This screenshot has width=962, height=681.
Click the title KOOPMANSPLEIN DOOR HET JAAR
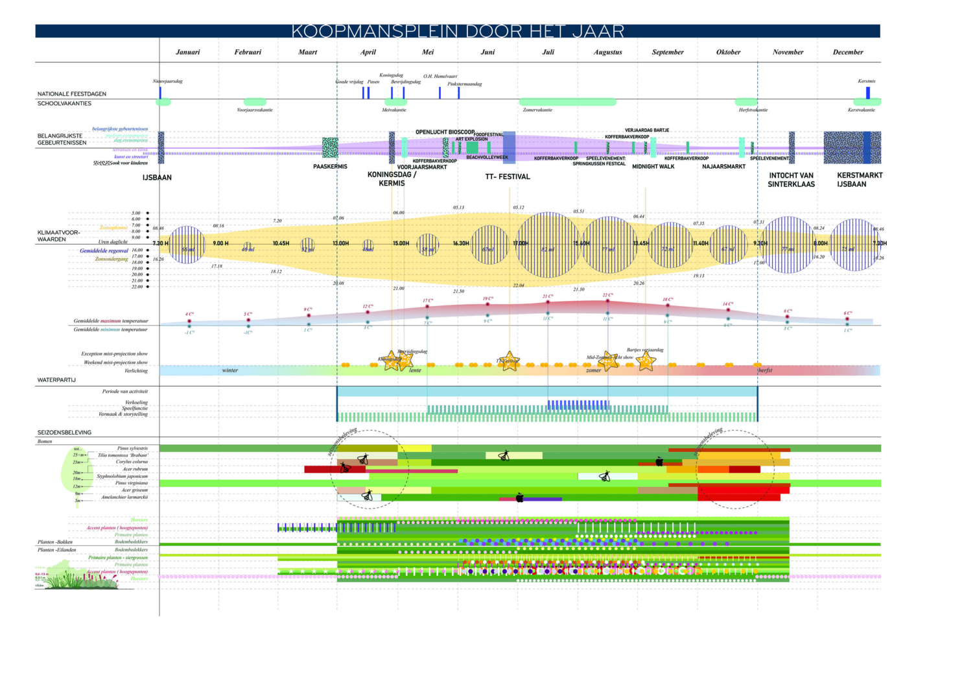click(458, 31)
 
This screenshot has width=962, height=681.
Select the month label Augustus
click(607, 52)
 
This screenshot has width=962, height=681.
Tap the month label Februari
click(248, 52)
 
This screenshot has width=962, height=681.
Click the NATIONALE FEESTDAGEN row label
click(72, 94)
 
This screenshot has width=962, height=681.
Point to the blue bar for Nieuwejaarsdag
click(160, 92)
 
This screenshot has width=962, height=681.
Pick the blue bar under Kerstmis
click(867, 92)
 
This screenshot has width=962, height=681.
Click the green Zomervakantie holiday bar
click(567, 102)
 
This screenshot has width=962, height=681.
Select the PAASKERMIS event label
click(330, 167)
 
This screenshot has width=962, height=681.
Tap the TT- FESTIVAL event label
click(508, 176)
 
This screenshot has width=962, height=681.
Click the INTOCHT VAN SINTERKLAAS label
click(791, 180)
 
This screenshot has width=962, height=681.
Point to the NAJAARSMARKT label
click(723, 167)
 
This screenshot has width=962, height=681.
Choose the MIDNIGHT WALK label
click(653, 167)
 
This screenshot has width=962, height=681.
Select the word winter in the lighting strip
click(230, 370)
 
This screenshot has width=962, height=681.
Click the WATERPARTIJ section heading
click(56, 380)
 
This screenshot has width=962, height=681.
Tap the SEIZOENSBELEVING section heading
click(64, 432)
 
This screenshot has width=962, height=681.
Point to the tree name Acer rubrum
click(135, 469)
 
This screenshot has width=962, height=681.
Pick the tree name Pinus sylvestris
click(132, 448)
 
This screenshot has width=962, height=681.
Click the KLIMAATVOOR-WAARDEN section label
click(58, 235)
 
